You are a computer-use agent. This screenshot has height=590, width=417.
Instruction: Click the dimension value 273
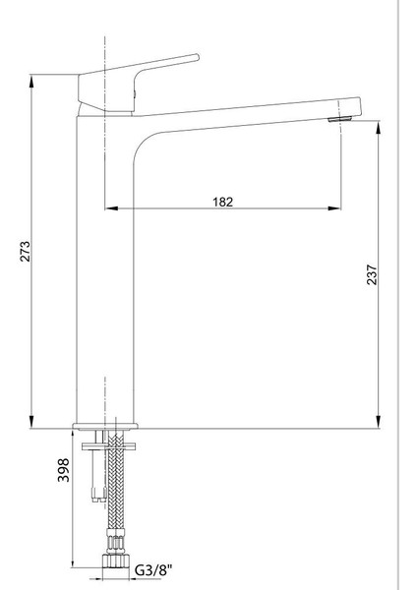26,251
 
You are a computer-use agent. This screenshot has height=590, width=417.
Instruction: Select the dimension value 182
223,202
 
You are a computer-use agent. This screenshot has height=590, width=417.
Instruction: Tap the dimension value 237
372,274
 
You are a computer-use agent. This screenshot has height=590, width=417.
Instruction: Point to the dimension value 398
63,470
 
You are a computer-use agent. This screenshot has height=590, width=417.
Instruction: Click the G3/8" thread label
153,570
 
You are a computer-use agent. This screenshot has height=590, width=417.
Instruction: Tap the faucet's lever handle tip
197,57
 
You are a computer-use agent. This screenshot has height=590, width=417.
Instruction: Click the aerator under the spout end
340,119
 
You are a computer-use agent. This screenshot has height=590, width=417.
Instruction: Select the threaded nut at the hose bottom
114,560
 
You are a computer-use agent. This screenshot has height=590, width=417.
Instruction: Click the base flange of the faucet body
105,426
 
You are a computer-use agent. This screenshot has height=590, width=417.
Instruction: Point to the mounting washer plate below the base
109,446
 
